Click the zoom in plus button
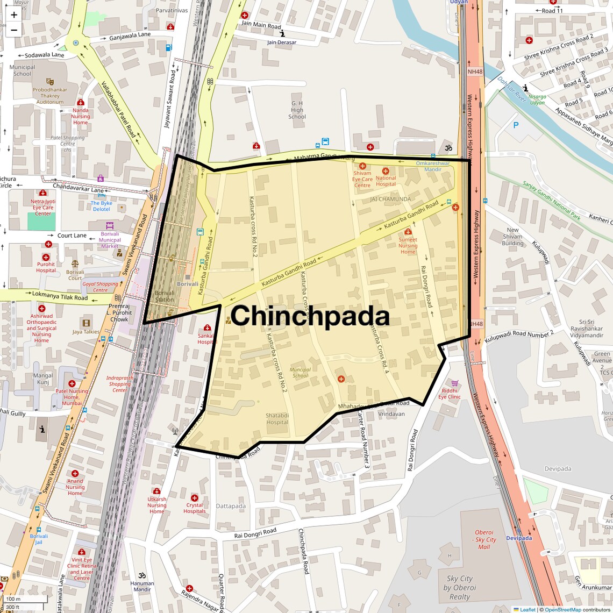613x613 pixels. [x=14, y=15]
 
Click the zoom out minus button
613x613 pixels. [x=14, y=30]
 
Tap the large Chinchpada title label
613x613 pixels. [x=310, y=316]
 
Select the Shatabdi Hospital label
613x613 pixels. [x=277, y=419]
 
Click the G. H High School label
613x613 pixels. [x=297, y=110]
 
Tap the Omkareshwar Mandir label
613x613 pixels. [x=432, y=166]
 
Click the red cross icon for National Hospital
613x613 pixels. [x=386, y=171]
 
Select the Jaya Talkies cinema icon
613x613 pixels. [x=85, y=323]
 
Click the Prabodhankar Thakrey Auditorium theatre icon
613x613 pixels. [x=50, y=80]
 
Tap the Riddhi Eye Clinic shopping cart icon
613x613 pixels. [x=455, y=383]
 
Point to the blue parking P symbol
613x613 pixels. [x=516, y=125]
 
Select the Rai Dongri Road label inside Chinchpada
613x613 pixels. [x=426, y=287]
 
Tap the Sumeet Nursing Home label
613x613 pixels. [x=408, y=246]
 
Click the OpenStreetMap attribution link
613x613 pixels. [x=562, y=610]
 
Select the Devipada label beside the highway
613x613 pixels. [x=519, y=538]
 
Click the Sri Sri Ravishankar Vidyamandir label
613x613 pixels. [x=587, y=329]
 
